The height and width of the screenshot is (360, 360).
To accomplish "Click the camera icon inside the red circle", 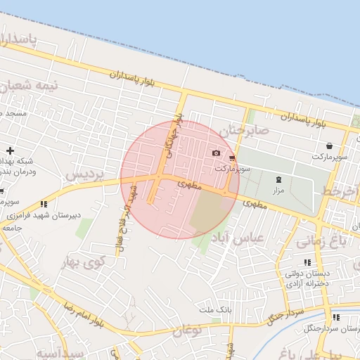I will (216, 153).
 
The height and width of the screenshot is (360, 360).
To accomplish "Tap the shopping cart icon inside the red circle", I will (232, 159).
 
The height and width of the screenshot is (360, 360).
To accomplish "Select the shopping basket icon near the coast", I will (329, 146).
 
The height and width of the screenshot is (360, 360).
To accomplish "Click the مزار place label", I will (278, 191).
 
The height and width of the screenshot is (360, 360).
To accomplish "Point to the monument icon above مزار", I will (278, 180).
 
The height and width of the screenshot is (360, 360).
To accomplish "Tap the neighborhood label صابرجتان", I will (244, 130).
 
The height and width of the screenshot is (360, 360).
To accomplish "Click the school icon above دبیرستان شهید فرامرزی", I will (44, 204).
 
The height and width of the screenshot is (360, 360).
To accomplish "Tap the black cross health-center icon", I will (10, 150).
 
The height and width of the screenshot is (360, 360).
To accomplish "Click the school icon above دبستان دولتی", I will (307, 262).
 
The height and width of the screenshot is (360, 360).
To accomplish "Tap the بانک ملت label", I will (214, 310).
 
